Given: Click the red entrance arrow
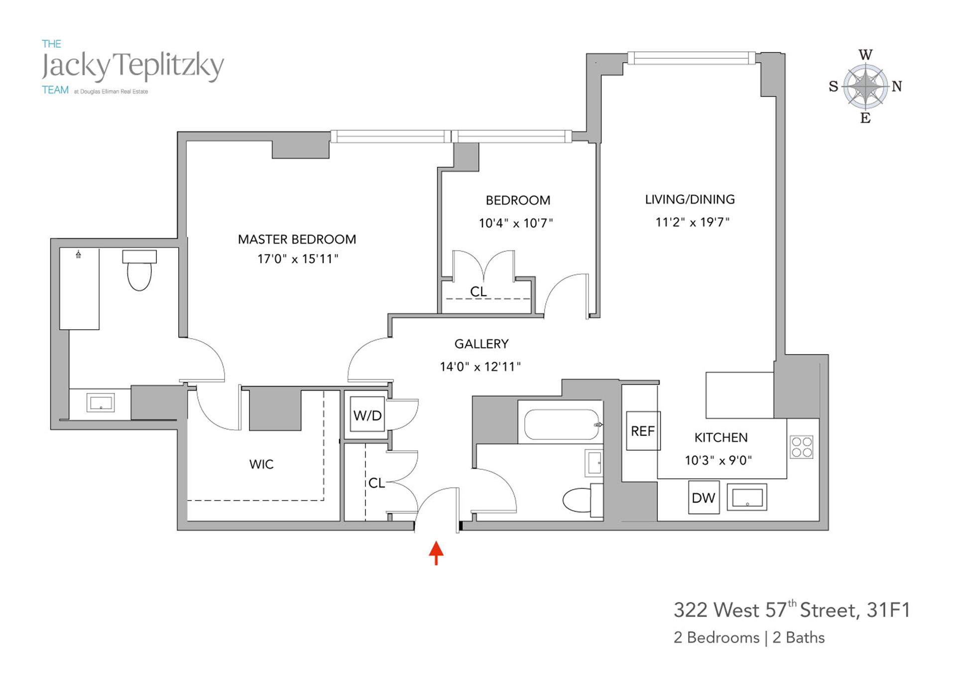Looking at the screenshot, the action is pos(436,552).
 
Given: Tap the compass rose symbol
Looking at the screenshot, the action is pos(866,86).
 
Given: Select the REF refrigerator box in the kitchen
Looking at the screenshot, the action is pos(643,431).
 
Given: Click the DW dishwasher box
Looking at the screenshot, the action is pos(704,497).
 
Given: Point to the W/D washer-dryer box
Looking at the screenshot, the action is pos(367,414).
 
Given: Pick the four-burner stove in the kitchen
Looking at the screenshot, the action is pos(802,447).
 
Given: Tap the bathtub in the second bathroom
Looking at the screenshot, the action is pos(561,424).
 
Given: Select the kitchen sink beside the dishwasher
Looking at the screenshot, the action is pos(747,497).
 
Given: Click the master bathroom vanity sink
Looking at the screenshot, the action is pos(101,403).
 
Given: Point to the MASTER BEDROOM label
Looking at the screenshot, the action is pos(297,240).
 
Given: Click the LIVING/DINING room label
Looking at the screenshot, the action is pos(690,200).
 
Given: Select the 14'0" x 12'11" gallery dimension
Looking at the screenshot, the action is pos(480,367).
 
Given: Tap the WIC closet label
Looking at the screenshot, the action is pos(261,464).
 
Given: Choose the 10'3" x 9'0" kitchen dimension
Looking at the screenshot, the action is pos(718,460).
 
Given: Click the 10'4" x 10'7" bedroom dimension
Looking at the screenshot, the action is pos(516,223).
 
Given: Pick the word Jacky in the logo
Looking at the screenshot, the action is pos(75,67).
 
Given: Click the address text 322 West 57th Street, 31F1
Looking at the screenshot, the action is pos(791,610).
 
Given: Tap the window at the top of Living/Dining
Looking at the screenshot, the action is pos(691,58).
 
